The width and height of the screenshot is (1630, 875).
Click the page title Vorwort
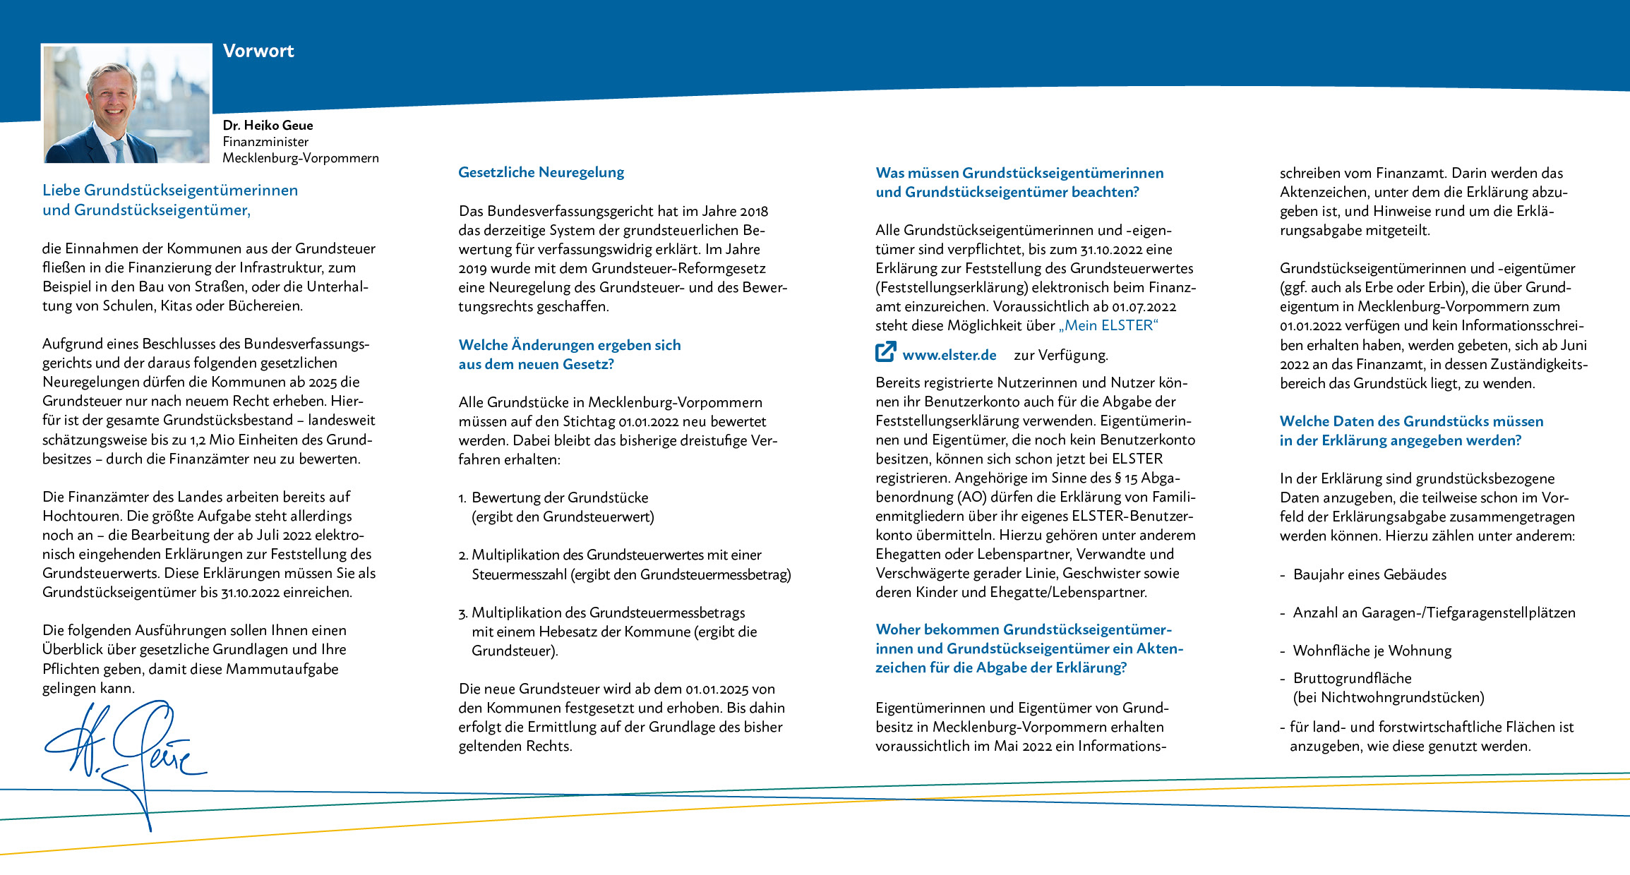pyautogui.click(x=258, y=51)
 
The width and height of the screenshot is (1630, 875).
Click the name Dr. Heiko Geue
pyautogui.click(x=268, y=125)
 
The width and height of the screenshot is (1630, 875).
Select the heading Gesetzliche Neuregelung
pyautogui.click(x=541, y=172)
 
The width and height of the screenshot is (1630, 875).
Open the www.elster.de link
pyautogui.click(x=949, y=355)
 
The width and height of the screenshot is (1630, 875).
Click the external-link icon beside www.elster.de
pyautogui.click(x=885, y=352)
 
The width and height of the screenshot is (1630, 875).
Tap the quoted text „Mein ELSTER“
pyautogui.click(x=1108, y=325)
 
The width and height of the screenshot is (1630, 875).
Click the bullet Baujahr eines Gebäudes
pyautogui.click(x=1369, y=574)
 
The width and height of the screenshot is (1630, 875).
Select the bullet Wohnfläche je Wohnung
pyautogui.click(x=1372, y=651)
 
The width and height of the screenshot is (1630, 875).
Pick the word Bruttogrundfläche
pyautogui.click(x=1352, y=678)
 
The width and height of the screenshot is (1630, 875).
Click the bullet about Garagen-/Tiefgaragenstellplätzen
pyautogui.click(x=1433, y=612)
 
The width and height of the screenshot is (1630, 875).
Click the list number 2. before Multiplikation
pyautogui.click(x=463, y=555)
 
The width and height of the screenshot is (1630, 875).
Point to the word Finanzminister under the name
pyautogui.click(x=265, y=142)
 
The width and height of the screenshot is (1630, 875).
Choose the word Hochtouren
pyautogui.click(x=83, y=516)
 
